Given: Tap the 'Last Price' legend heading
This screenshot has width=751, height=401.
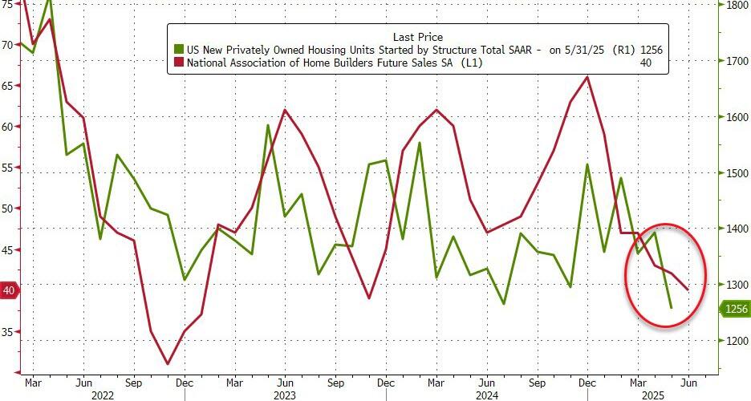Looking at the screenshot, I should [x=417, y=37].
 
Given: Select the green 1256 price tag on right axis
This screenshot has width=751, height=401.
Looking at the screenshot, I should [x=735, y=309].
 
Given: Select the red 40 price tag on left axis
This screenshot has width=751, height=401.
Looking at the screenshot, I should [x=10, y=290].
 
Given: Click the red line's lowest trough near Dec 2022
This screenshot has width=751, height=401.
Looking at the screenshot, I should [x=168, y=364].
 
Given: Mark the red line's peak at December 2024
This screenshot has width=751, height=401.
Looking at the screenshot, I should [x=587, y=77].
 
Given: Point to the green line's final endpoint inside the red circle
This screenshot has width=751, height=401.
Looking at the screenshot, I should [x=672, y=307].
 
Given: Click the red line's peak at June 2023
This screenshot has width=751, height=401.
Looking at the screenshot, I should [x=285, y=110].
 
